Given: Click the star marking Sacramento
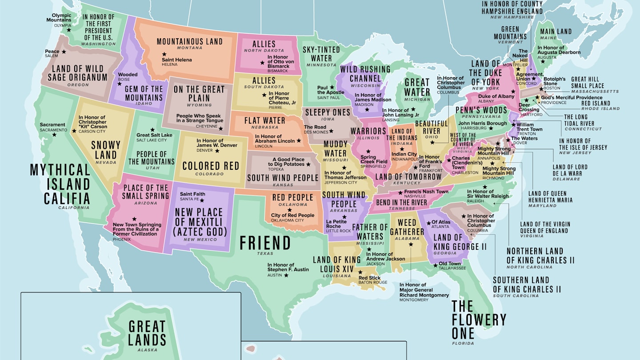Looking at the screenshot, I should point(55,135).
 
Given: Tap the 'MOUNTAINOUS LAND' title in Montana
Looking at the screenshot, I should point(189,42).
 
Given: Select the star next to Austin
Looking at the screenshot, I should point(286,275).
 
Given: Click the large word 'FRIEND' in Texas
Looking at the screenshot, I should point(265,243).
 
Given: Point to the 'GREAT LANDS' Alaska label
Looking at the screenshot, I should point(147,333).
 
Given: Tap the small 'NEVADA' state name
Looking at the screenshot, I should point(106,163).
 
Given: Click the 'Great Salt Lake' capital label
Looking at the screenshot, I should point(154,135).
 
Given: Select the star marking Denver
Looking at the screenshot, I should point(217,151).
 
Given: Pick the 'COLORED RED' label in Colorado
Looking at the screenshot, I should point(211,166).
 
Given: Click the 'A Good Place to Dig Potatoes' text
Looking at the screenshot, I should point(288,162).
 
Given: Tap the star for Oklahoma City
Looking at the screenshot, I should point(289,210).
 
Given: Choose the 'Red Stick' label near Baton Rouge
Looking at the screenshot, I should point(369,278).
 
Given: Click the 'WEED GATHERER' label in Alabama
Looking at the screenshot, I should point(407,227).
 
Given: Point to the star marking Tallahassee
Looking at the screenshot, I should point(434,264).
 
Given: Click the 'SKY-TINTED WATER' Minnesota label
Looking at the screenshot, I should point(321,54).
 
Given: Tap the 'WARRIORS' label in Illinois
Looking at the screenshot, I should point(368,131).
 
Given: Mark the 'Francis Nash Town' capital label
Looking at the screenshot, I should point(426,192).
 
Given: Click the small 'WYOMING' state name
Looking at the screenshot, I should point(199,105).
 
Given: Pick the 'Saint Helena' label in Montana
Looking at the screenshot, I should point(177,60).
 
